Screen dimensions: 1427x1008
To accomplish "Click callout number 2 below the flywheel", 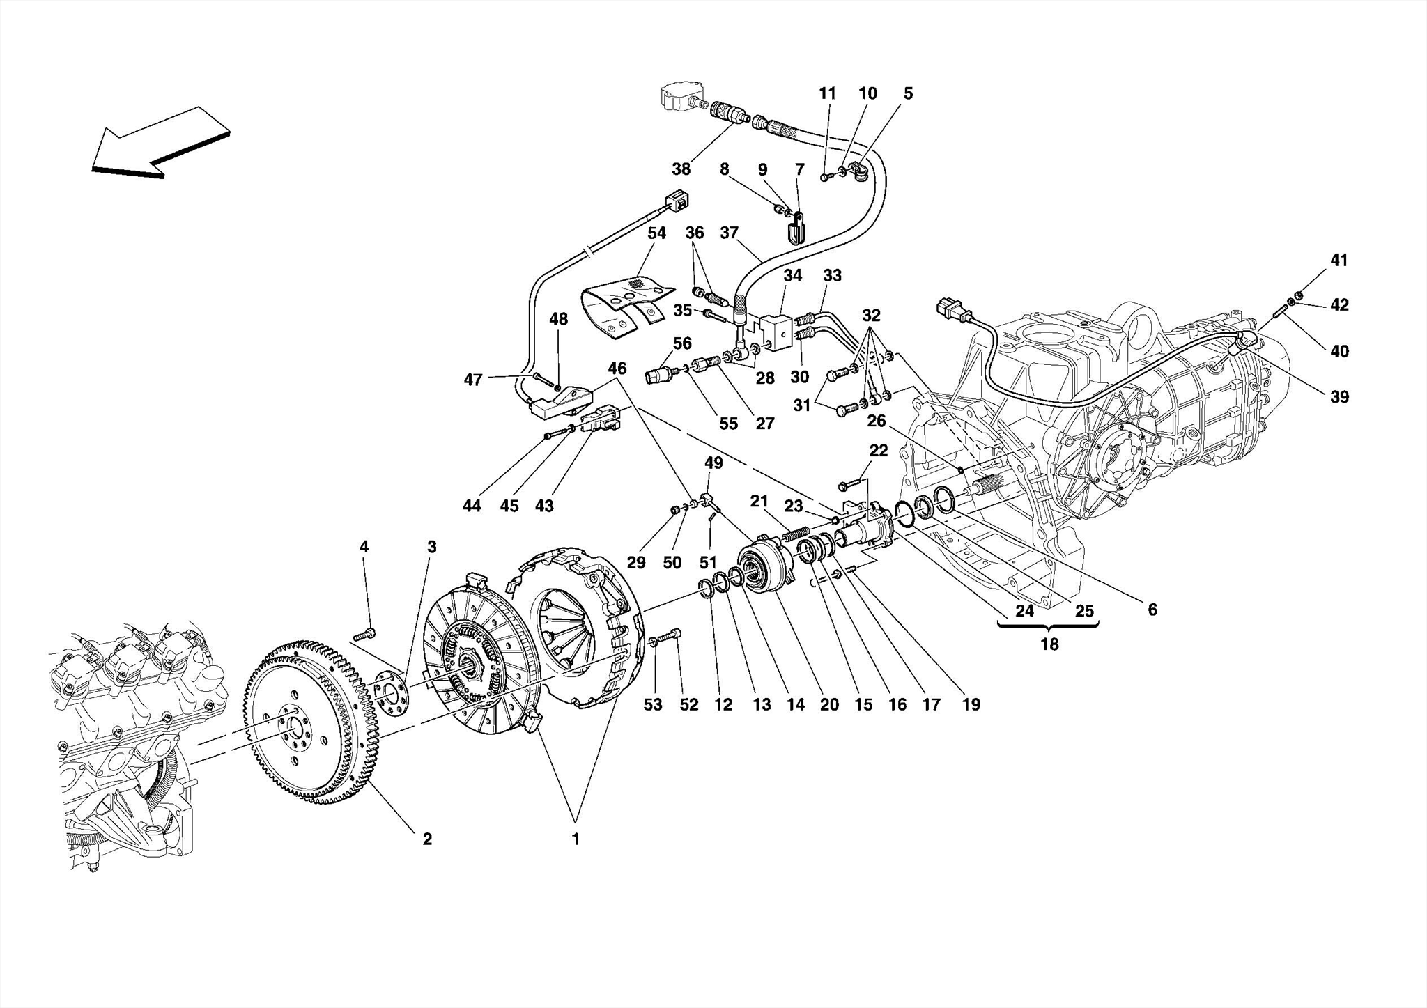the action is tap(427, 839).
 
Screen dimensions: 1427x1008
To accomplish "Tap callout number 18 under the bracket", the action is tap(1049, 644).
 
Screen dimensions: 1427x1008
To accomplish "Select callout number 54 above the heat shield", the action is tap(656, 233).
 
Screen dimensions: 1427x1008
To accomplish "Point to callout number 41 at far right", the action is tap(1339, 260).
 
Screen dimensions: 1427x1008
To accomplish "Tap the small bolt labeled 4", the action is tap(365, 634).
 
